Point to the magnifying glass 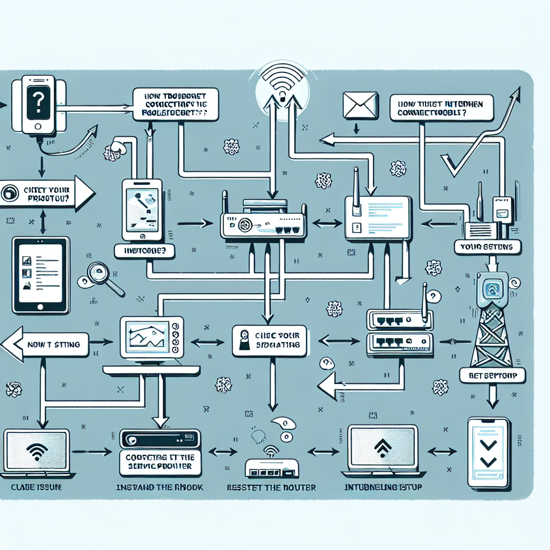102,277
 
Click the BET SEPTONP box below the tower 493,375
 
